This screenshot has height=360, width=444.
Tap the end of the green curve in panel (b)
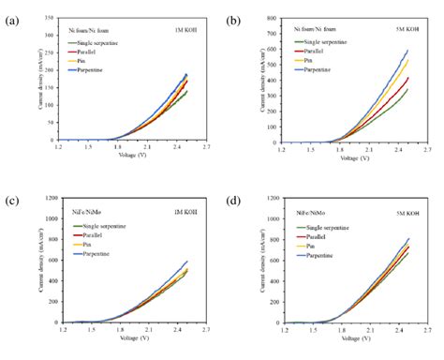point(407,89)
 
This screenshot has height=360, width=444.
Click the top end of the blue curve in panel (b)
point(407,51)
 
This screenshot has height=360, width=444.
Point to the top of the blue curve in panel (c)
point(186,262)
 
